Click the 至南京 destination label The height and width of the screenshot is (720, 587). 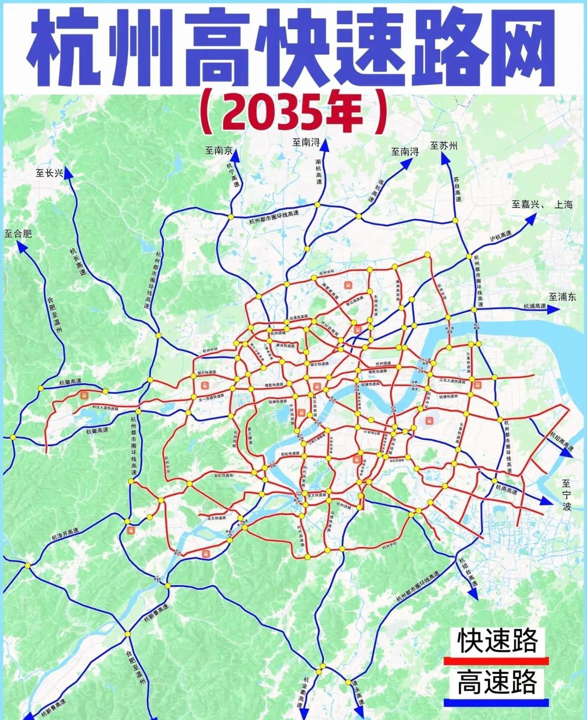(218, 150)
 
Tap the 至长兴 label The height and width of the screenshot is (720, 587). (49, 173)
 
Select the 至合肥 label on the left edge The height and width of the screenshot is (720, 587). (18, 233)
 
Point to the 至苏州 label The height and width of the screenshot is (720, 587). (443, 146)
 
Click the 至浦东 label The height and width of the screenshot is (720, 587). (562, 297)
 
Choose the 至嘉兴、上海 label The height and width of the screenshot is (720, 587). (542, 205)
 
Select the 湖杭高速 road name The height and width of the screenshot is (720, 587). (318, 172)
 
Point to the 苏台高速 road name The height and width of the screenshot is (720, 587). (458, 189)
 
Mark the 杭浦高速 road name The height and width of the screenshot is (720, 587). (535, 306)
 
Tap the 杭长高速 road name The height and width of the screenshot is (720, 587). (78, 261)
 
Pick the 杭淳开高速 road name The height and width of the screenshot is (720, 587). (65, 534)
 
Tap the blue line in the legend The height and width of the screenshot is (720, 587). (496, 703)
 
